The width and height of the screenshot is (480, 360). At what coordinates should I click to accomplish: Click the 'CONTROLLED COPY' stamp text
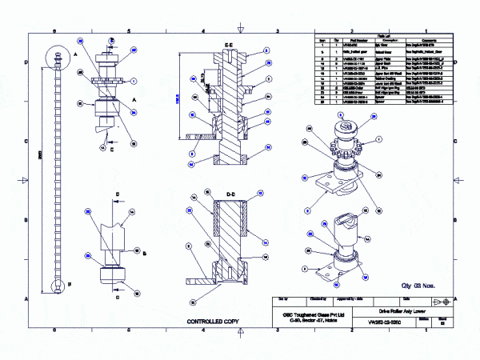click(213, 322)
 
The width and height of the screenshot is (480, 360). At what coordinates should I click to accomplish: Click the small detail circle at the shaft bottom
click(59, 285)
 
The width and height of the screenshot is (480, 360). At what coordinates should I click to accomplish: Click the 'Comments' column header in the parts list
click(423, 40)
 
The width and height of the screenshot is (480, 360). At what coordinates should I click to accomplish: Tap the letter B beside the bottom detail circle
click(72, 283)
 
